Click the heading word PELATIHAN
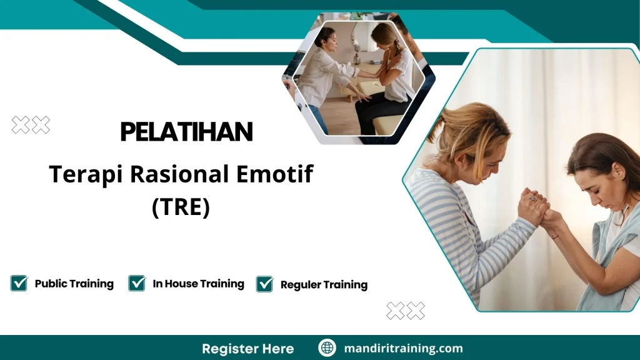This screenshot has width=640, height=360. pos(186,131)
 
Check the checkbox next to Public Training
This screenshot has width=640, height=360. pos(19,283)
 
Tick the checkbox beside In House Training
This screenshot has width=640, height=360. pos(137,283)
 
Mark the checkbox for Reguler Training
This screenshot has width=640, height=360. pos(264,284)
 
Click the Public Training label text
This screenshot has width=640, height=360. pos(74,284)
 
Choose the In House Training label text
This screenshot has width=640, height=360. pos(198,284)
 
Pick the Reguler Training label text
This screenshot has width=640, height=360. pos(324,284)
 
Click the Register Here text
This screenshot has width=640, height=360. pos(247,349)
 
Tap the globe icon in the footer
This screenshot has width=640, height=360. pos(327,347)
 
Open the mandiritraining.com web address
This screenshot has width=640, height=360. pos(403,348)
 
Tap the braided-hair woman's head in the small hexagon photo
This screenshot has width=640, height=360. pos(384,36)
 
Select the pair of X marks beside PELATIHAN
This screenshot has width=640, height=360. pos(31,125)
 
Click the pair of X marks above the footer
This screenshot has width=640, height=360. pos(406,311)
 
